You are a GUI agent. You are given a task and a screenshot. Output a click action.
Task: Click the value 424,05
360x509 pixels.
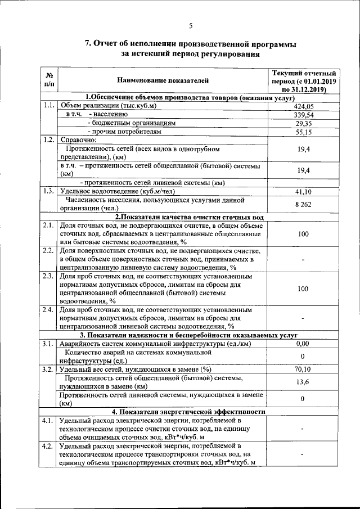[304, 106]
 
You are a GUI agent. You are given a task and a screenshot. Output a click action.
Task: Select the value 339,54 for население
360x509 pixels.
[304, 114]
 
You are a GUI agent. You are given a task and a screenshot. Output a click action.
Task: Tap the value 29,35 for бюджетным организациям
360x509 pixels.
[304, 123]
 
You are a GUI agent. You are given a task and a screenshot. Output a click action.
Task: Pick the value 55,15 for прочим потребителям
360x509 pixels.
[304, 132]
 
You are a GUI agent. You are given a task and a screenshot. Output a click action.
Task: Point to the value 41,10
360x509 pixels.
[304, 192]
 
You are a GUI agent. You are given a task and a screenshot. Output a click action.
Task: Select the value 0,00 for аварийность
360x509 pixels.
[304, 344]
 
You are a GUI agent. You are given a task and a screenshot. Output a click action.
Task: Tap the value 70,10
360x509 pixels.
[304, 370]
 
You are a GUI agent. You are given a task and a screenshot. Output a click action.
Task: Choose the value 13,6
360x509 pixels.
[304, 382]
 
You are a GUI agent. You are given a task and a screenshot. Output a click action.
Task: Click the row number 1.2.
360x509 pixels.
[48, 140]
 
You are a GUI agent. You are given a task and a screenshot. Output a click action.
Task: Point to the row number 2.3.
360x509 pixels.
[48, 277]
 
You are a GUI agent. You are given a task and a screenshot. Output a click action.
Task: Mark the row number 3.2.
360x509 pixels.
[48, 370]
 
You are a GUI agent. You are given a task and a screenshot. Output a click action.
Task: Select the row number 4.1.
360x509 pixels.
[48, 421]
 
